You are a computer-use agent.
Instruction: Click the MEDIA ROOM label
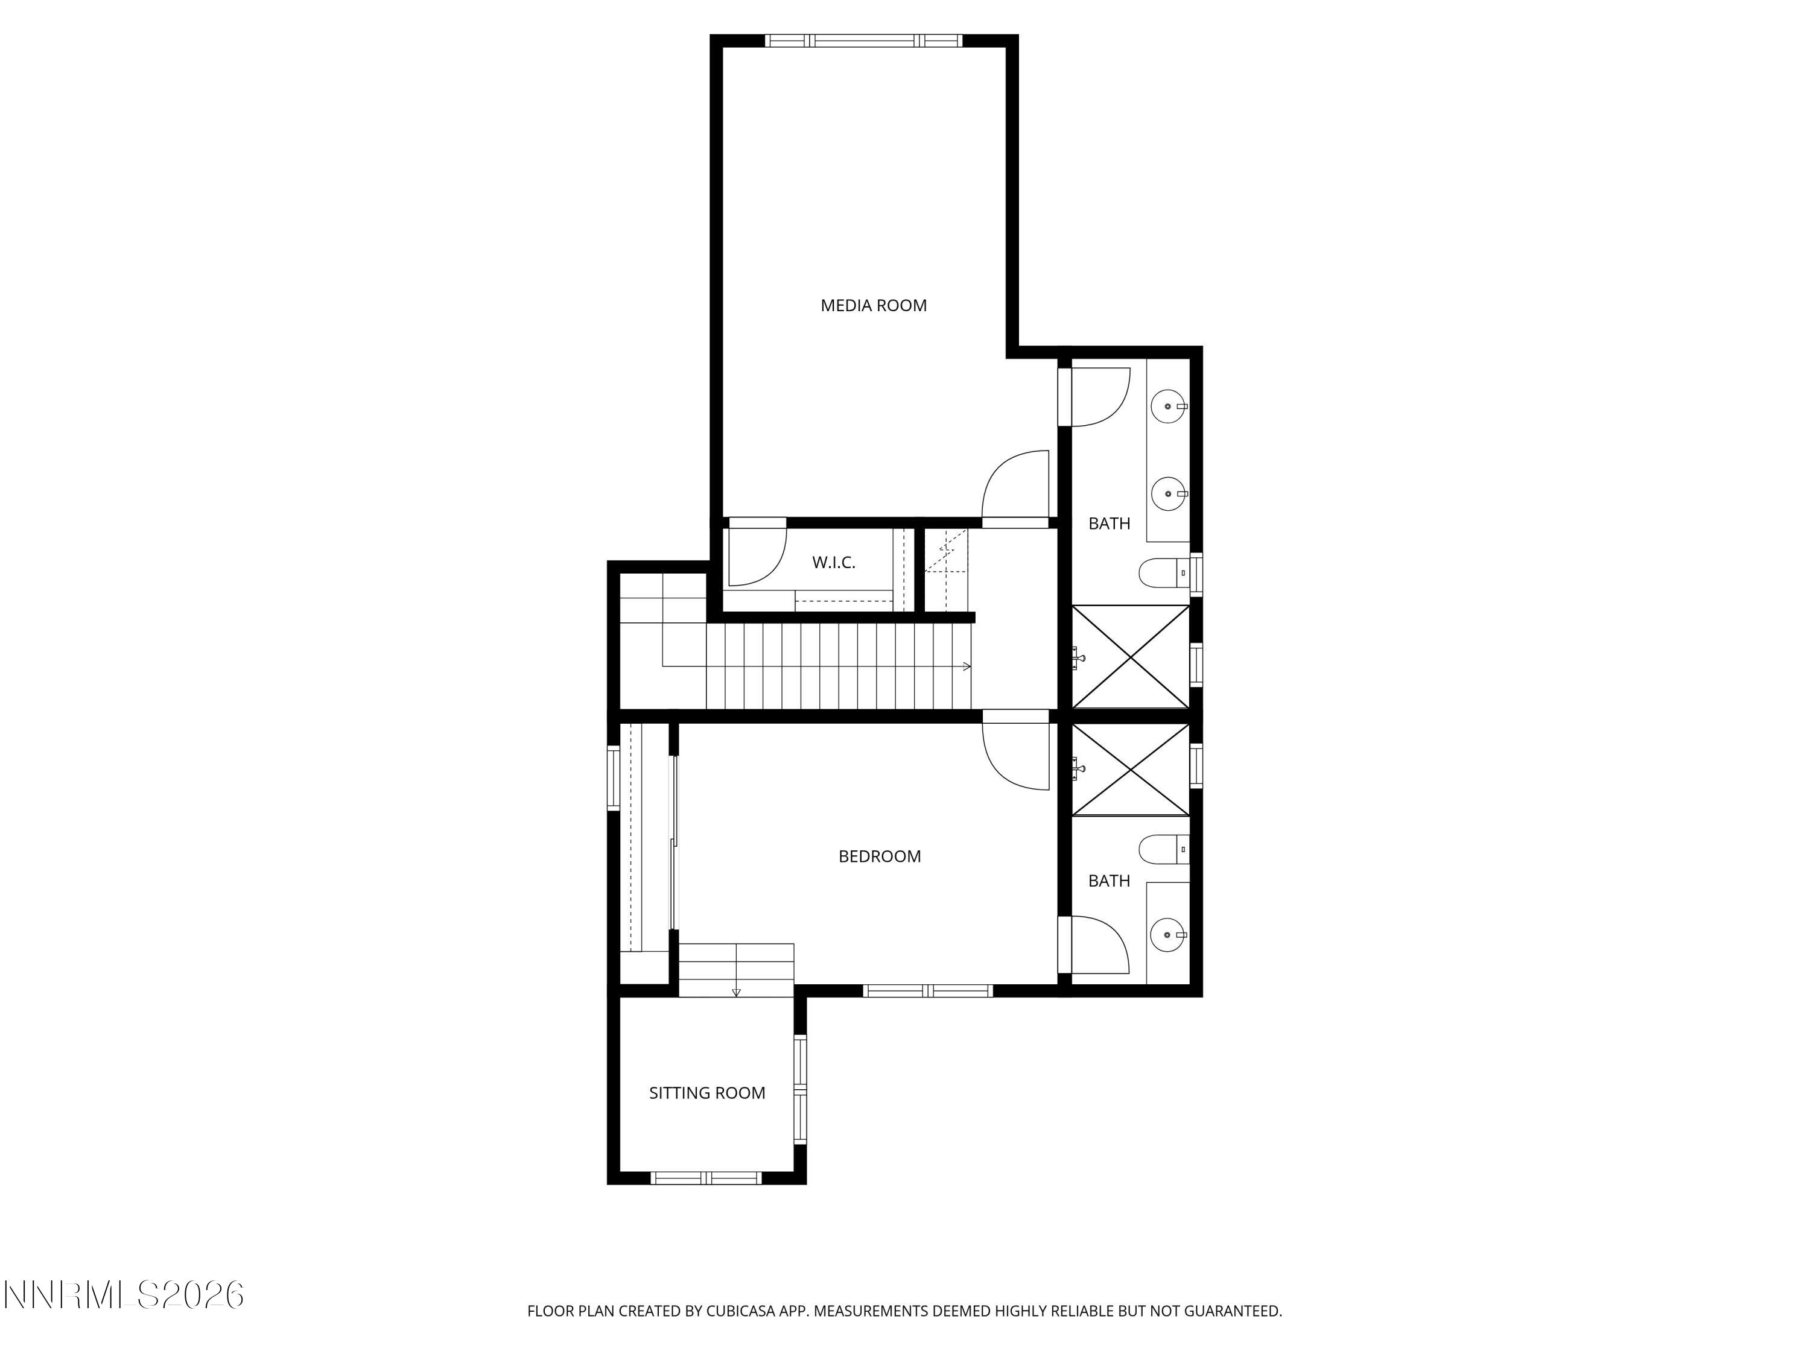pyautogui.click(x=873, y=305)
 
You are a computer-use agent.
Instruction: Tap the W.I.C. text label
pyautogui.click(x=833, y=563)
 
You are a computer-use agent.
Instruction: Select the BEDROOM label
pyautogui.click(x=880, y=856)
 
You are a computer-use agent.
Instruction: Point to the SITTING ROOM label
pyautogui.click(x=707, y=1093)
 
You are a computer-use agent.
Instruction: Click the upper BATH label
pyautogui.click(x=1109, y=524)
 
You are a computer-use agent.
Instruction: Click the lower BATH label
pyautogui.click(x=1109, y=881)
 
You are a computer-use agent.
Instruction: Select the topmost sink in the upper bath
pyautogui.click(x=1167, y=406)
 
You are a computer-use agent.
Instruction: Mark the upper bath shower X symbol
pyautogui.click(x=1130, y=656)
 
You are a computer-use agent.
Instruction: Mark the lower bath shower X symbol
pyautogui.click(x=1130, y=769)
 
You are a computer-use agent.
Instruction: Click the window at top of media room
pyautogui.click(x=863, y=40)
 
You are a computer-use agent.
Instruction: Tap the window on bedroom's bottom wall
pyautogui.click(x=928, y=990)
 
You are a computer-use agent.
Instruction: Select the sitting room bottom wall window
pyautogui.click(x=705, y=1178)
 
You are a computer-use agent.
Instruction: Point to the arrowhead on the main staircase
pyautogui.click(x=967, y=666)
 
